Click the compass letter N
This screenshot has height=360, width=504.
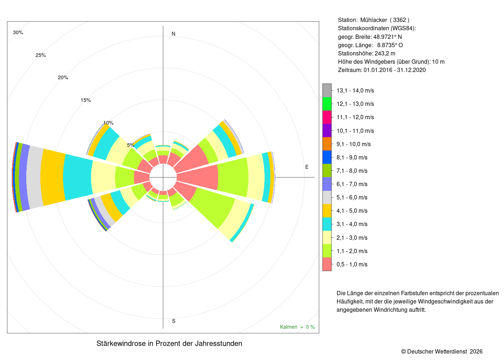pos(173,34)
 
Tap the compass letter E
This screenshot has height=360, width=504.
pos(307,167)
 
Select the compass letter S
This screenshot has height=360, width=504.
pos(174,321)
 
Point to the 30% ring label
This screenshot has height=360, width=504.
pos(18,32)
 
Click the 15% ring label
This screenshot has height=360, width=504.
pos(86,100)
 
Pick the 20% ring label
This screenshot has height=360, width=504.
pos(63,78)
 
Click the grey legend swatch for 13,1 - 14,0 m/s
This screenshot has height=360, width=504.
pos(327,90)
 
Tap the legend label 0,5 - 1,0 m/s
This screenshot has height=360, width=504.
pos(352,264)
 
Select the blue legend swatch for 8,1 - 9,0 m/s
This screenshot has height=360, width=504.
pos(327,157)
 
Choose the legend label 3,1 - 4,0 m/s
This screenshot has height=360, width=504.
pos(352,224)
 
